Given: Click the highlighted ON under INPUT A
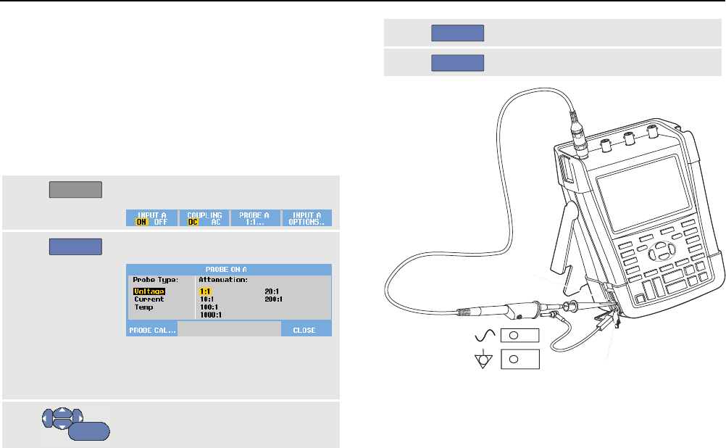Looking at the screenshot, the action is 142,222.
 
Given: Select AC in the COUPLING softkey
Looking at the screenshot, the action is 215,222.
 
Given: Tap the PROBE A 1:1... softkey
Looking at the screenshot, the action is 255,218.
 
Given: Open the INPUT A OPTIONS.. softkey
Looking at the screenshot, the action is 306,218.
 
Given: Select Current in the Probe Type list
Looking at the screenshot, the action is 149,299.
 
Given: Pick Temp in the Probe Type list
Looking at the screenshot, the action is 143,307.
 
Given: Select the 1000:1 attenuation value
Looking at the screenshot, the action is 211,315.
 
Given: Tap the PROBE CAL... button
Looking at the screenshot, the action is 151,330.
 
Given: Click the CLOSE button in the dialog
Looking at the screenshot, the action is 304,330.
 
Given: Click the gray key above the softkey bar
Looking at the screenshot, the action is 75,190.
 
